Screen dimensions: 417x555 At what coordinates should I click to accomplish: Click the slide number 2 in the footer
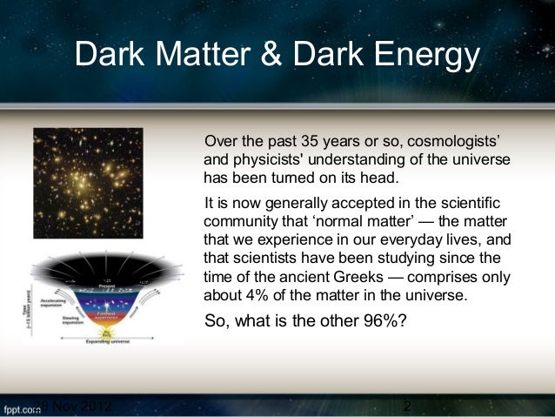(407, 406)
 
